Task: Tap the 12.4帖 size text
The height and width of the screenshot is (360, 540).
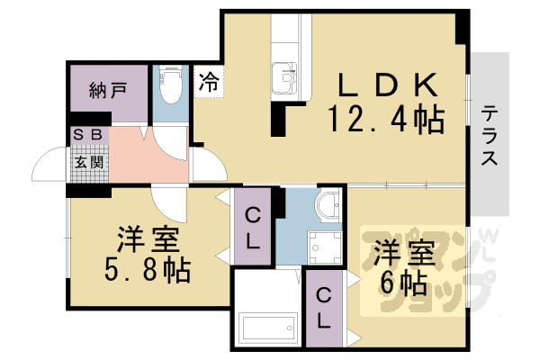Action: (388, 119)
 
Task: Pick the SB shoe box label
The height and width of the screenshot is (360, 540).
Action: (87, 135)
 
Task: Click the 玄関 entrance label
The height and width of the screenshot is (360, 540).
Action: (87, 163)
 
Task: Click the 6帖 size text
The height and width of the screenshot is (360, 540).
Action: (401, 283)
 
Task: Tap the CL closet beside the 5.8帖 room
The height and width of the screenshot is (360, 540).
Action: (253, 228)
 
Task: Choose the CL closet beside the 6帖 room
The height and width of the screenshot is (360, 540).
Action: (323, 306)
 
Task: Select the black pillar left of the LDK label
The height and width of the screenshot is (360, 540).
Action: (278, 119)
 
